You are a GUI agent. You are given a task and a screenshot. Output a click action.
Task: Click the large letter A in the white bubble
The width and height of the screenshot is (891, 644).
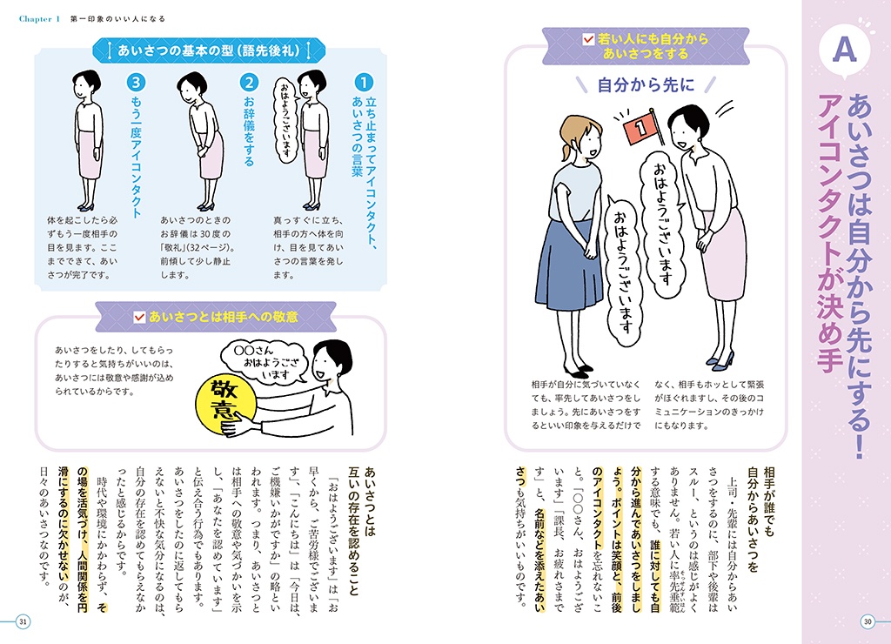coord(844,50)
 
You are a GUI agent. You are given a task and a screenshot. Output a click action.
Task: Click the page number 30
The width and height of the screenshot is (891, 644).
coord(868,621)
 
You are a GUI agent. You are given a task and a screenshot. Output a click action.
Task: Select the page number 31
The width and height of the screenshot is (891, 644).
coord(23,621)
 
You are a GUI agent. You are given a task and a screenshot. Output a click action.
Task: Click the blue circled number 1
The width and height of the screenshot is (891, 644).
coord(364,83)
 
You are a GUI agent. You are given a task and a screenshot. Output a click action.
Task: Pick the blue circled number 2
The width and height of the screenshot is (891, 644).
coord(249,83)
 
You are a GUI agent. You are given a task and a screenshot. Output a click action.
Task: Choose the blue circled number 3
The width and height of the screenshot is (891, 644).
coord(136,83)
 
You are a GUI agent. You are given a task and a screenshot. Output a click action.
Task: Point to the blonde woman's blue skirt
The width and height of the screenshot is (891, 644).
coord(568,266)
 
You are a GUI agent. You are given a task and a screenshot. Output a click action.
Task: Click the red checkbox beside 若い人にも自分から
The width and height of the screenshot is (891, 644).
coord(589,39)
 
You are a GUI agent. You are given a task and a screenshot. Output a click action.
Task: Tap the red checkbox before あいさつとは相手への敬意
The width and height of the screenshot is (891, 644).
coord(139,317)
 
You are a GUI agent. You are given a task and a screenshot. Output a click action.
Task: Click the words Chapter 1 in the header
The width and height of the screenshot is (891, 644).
coord(39,19)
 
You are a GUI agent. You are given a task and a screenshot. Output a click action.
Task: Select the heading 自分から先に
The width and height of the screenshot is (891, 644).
coord(646,85)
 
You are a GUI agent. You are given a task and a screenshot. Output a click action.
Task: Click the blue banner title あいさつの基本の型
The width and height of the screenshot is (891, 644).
coord(209,50)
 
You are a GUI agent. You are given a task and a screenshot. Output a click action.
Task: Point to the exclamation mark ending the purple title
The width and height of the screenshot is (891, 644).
coord(859,446)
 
